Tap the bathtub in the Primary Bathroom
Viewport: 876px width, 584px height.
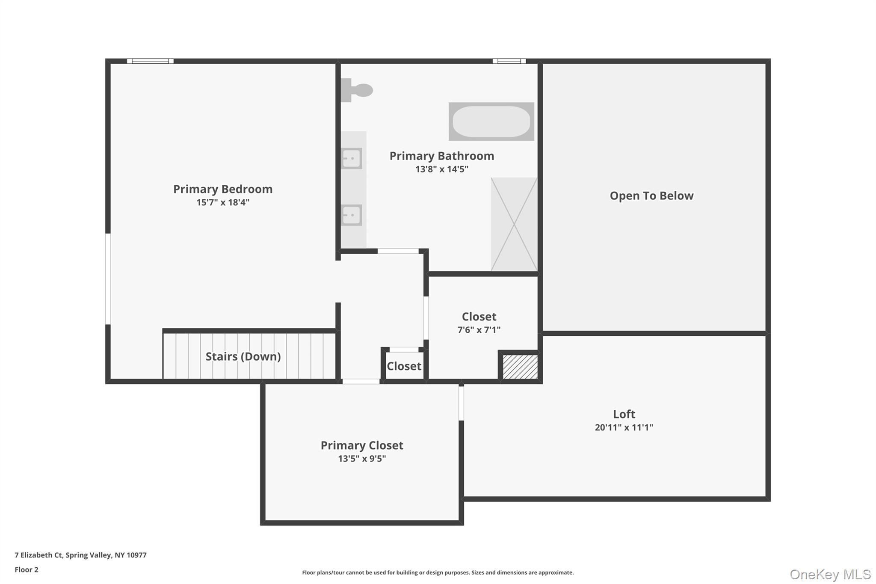(491, 122)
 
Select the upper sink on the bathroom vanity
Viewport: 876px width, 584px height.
(352, 158)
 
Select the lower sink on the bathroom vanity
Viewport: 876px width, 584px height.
(352, 215)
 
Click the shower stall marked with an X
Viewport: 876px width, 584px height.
(514, 224)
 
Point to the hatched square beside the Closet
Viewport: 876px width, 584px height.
(520, 367)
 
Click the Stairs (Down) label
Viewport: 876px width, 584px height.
(243, 356)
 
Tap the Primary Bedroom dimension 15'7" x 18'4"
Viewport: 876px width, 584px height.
(223, 202)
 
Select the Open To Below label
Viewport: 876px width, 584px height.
(651, 196)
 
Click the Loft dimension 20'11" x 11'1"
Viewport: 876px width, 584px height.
(624, 427)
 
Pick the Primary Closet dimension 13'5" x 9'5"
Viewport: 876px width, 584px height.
(362, 458)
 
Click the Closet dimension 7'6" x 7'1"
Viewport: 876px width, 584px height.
(479, 329)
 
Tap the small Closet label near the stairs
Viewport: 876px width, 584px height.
(404, 366)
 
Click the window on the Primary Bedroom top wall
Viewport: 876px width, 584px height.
(150, 61)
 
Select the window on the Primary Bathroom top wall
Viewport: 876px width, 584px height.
(509, 61)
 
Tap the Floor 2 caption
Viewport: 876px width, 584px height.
(27, 569)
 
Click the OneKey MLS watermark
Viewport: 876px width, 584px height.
(830, 574)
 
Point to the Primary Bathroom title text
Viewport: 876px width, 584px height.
(441, 156)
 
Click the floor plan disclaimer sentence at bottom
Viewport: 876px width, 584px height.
(438, 572)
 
